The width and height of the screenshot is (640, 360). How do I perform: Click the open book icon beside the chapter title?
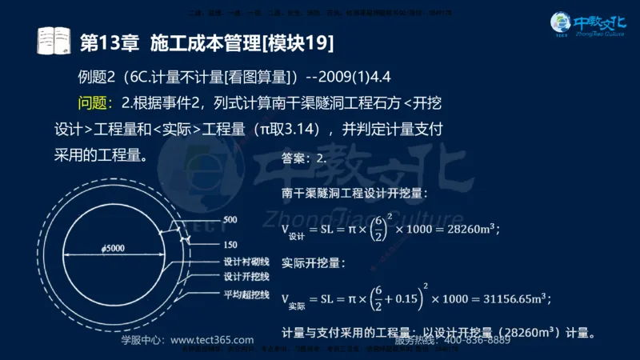55,40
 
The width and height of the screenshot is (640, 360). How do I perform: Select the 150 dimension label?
230,244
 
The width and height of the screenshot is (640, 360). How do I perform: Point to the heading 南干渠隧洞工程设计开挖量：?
355,193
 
